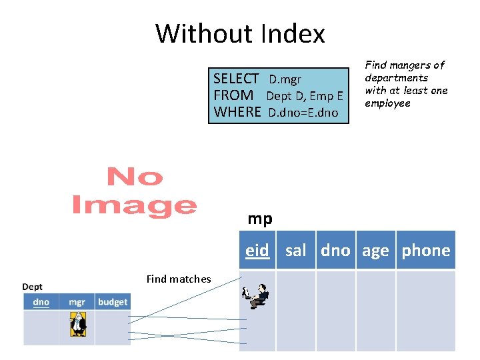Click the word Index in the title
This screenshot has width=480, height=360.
coord(293,33)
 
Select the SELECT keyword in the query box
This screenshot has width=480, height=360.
coord(236,79)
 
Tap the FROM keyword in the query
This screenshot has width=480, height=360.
coord(233,95)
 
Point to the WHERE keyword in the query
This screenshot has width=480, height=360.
coord(237,112)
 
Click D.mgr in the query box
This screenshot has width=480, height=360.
coord(285,80)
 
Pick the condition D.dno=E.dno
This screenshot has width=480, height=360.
coord(303,113)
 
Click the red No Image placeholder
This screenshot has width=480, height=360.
coord(134,191)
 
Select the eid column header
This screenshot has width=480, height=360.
coord(257,251)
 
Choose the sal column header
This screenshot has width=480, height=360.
coord(295,251)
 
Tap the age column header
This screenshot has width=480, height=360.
coord(375,251)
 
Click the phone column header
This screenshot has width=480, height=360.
coord(425,251)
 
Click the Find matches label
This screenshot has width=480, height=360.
coord(178,279)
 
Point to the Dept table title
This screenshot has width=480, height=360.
coord(33,287)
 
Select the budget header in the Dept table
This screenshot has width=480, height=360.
coord(112,302)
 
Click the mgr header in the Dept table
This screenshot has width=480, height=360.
coord(77,302)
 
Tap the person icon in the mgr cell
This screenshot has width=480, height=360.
coord(78,324)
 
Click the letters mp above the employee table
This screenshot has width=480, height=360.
coord(260,219)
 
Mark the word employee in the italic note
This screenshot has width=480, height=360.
coord(387,103)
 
